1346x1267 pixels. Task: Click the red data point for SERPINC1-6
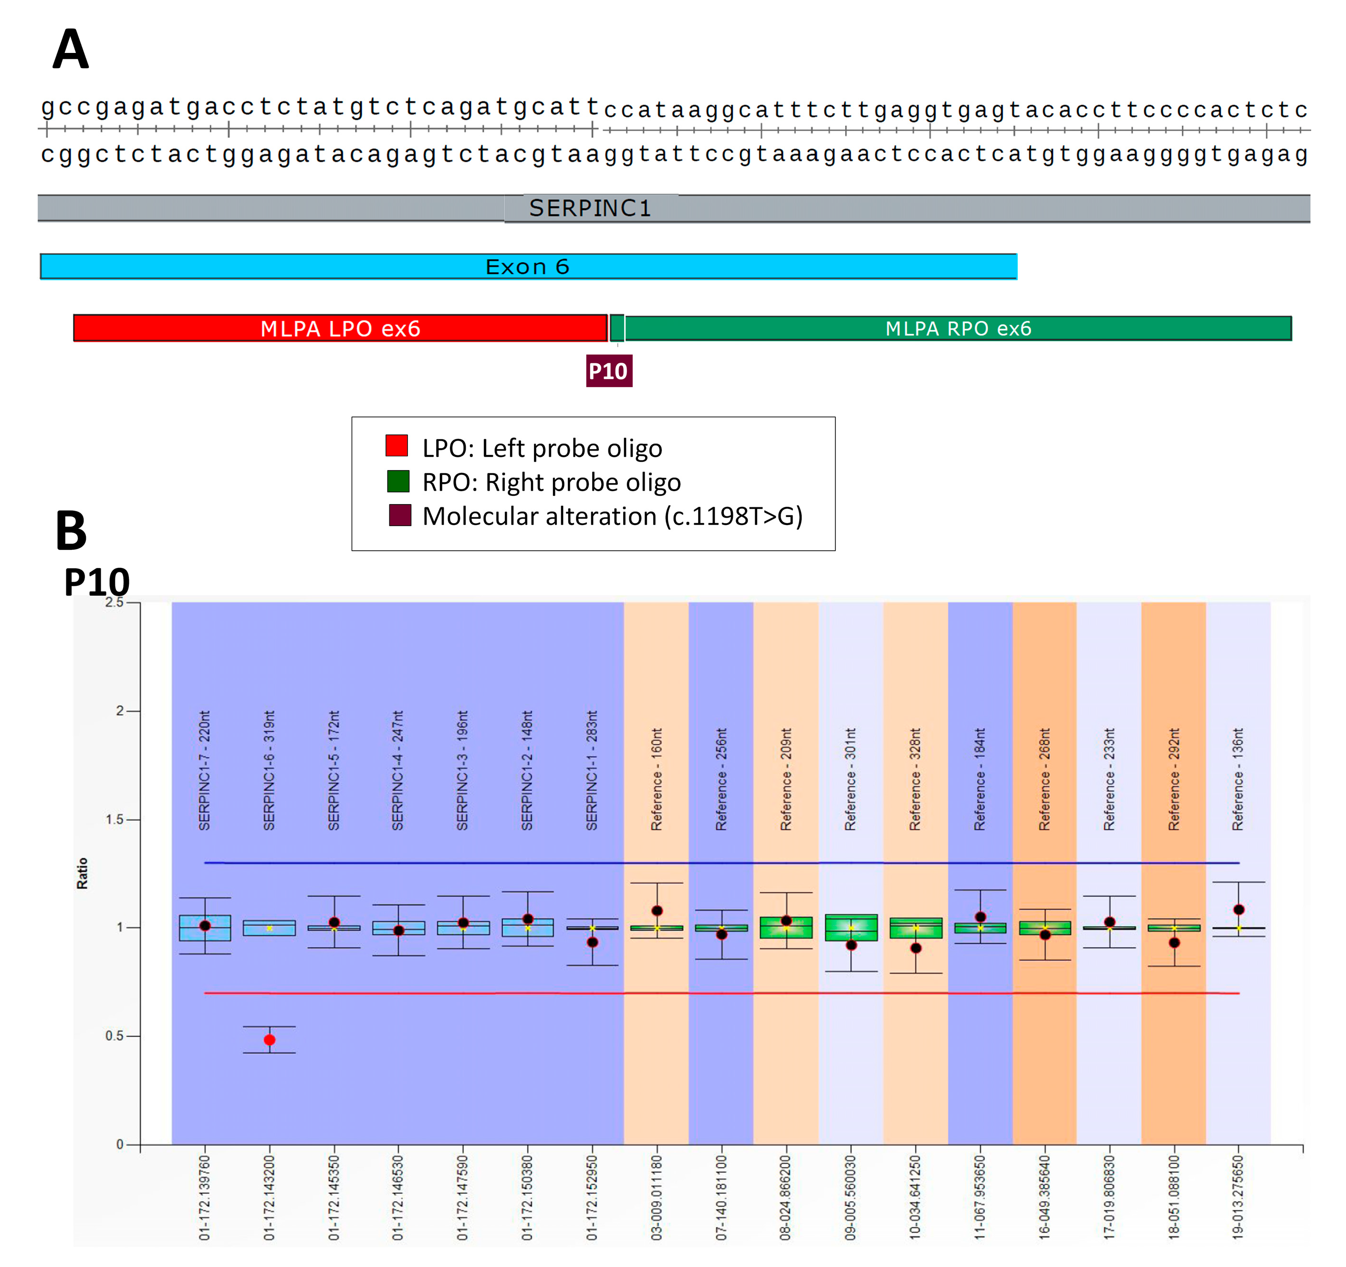[x=270, y=1040]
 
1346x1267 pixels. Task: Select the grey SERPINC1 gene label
[x=590, y=208]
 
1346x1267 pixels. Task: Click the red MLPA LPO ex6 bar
[x=341, y=328]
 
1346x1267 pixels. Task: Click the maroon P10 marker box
[x=609, y=371]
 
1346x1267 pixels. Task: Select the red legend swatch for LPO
[x=397, y=445]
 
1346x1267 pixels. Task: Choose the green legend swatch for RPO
[x=398, y=481]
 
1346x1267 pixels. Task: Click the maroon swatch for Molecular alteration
[x=400, y=515]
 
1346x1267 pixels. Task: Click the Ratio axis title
[x=82, y=873]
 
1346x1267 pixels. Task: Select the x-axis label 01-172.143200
[x=270, y=1197]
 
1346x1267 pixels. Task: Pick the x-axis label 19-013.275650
[x=1238, y=1197]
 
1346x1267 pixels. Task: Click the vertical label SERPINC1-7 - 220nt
[x=205, y=770]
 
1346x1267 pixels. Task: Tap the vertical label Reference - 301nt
[x=850, y=779]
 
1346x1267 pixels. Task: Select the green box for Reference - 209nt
[x=786, y=927]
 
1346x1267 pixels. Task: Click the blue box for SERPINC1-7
[x=205, y=928]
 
